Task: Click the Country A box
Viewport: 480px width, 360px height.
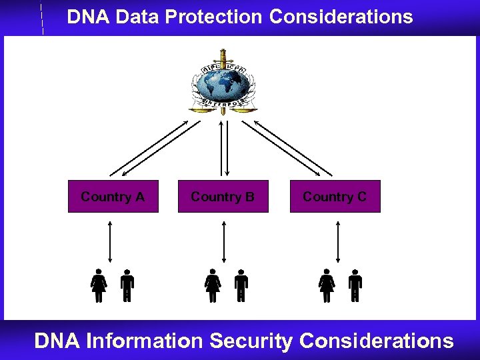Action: click(113, 197)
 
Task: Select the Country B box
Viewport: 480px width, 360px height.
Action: click(223, 197)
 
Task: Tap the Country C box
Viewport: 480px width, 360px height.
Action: click(335, 197)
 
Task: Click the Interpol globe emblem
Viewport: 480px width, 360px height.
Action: click(223, 81)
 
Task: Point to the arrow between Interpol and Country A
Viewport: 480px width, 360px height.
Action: click(155, 148)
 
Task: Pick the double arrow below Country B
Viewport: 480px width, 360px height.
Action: click(224, 241)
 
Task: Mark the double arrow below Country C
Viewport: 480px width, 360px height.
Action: click(339, 241)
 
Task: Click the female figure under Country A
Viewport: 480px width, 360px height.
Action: click(99, 285)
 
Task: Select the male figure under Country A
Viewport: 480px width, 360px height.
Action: click(127, 285)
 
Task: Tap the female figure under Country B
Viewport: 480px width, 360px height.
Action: click(213, 285)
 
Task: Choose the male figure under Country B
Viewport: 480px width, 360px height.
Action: click(241, 285)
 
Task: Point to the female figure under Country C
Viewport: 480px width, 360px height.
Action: click(327, 285)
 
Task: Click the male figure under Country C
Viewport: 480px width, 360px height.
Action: click(355, 285)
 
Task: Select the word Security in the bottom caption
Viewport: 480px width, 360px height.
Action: click(251, 341)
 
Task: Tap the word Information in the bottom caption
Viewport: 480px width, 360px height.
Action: click(145, 341)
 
